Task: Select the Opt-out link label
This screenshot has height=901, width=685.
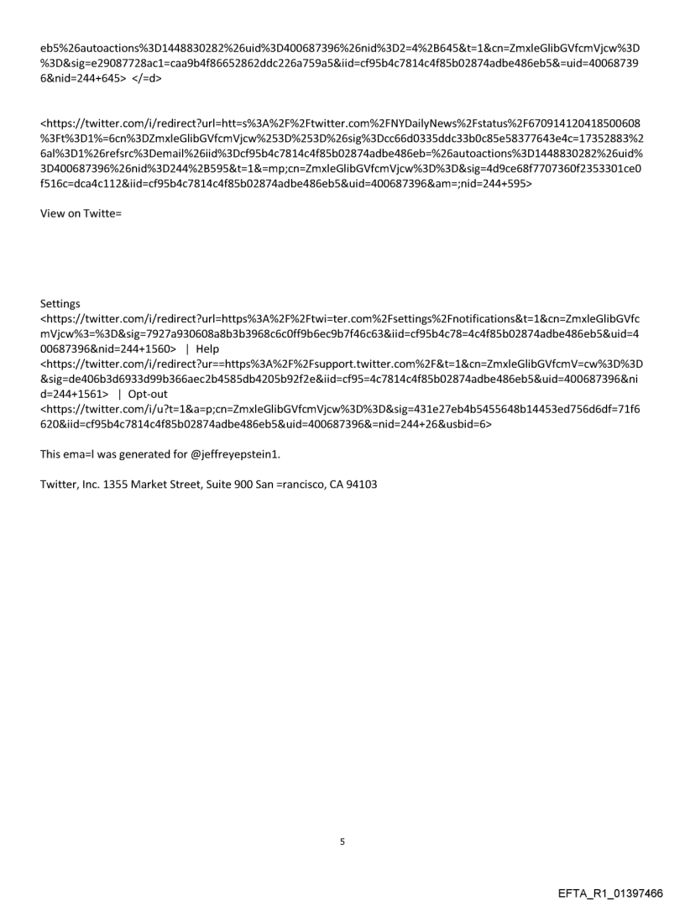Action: pyautogui.click(x=150, y=392)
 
